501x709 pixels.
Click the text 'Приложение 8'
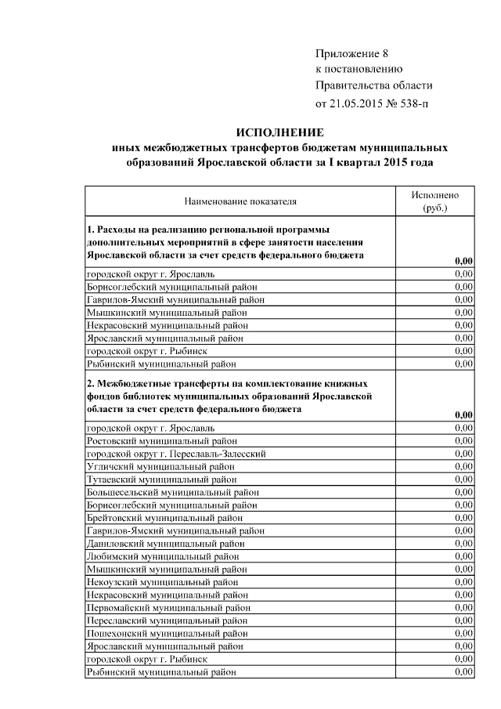click(x=351, y=53)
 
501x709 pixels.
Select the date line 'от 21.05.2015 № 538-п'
click(x=372, y=103)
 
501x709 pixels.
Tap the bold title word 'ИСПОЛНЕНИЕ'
click(x=279, y=132)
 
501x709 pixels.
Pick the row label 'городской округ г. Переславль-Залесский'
click(x=177, y=454)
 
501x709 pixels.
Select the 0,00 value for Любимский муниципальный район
click(x=463, y=555)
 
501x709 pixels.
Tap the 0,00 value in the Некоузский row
click(x=463, y=581)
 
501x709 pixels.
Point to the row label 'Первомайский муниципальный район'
click(x=168, y=607)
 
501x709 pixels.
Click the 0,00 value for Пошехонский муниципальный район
click(x=463, y=632)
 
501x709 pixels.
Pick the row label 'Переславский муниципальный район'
click(x=168, y=620)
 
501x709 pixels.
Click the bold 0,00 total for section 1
click(x=463, y=261)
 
